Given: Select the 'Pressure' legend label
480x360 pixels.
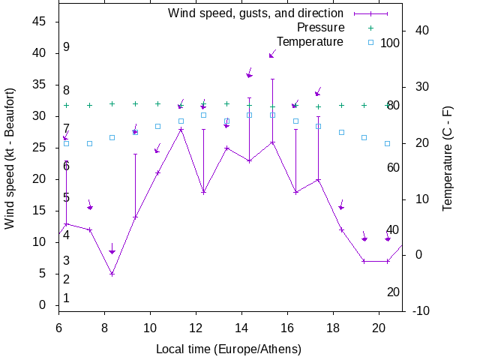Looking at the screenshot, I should pyautogui.click(x=315, y=27).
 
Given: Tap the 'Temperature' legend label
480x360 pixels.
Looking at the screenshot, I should pyautogui.click(x=310, y=41).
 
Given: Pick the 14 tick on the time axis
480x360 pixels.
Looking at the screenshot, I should pyautogui.click(x=241, y=327).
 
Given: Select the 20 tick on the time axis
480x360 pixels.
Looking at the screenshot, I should pyautogui.click(x=379, y=327).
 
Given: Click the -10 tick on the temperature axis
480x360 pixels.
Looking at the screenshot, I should pyautogui.click(x=420, y=310).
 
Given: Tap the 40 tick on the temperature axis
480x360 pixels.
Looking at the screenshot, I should pyautogui.click(x=421, y=31).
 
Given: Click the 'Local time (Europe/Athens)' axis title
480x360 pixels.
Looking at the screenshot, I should pyautogui.click(x=229, y=349).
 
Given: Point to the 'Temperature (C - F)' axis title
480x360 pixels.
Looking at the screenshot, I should pyautogui.click(x=448, y=158).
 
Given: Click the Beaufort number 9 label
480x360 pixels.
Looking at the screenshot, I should pyautogui.click(x=66, y=47).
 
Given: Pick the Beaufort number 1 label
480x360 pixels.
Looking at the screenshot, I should pyautogui.click(x=66, y=298).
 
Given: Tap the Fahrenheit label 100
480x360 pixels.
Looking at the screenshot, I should pyautogui.click(x=390, y=43).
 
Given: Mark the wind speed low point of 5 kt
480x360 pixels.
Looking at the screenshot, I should pyautogui.click(x=112, y=274).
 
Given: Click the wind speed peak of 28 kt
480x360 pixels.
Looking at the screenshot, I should pyautogui.click(x=181, y=129).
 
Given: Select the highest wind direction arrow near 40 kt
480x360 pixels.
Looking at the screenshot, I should pyautogui.click(x=272, y=55).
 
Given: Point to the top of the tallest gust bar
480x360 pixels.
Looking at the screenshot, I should pyautogui.click(x=272, y=79).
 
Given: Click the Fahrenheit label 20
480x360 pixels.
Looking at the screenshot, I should pyautogui.click(x=393, y=292).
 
